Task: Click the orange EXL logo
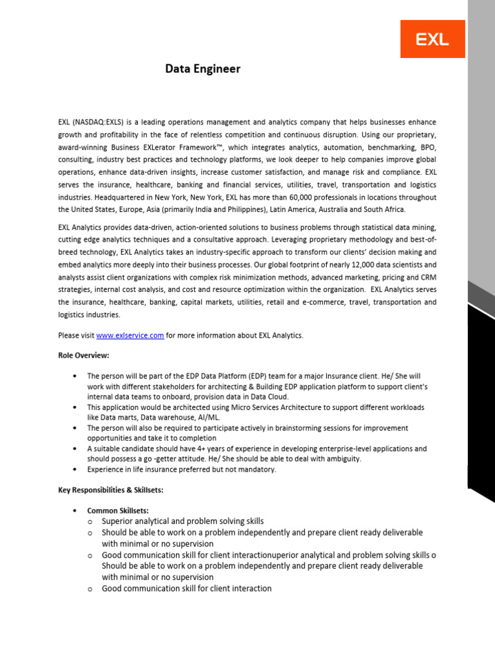click(432, 39)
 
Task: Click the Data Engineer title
click(202, 69)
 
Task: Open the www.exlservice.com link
click(130, 335)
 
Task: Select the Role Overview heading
click(83, 355)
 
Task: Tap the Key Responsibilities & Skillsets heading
click(110, 490)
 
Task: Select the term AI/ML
click(217, 418)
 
